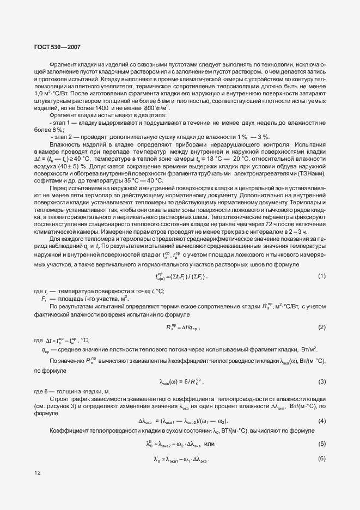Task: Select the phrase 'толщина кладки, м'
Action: tap(82, 392)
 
